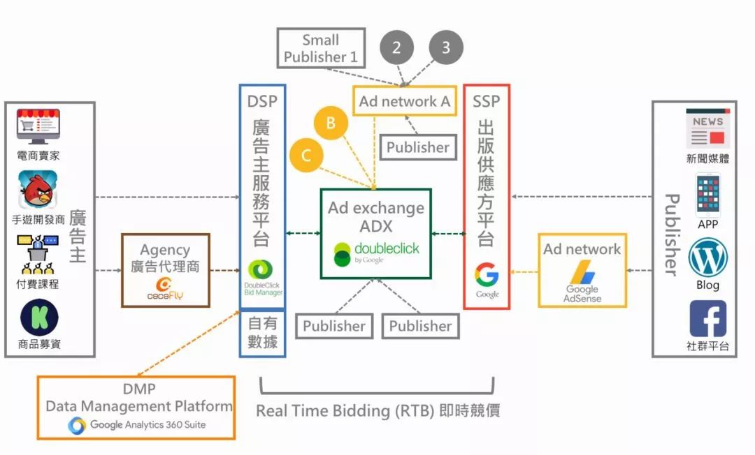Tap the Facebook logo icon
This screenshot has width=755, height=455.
(x=707, y=319)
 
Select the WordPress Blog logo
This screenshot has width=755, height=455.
(x=707, y=258)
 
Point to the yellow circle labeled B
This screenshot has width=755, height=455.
(x=331, y=124)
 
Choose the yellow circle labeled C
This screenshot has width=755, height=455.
(x=306, y=156)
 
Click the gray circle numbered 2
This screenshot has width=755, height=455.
(x=396, y=47)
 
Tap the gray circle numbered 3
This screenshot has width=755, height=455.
(x=445, y=47)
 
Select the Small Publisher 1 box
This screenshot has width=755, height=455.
(x=321, y=48)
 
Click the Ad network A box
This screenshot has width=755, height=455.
(x=404, y=102)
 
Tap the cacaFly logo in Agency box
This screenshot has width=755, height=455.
(x=166, y=288)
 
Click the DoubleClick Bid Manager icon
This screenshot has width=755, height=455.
(x=263, y=270)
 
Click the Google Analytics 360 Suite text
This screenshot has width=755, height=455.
(x=148, y=424)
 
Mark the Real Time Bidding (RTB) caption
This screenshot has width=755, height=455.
(x=377, y=410)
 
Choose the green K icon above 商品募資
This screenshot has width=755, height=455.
(x=39, y=318)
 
